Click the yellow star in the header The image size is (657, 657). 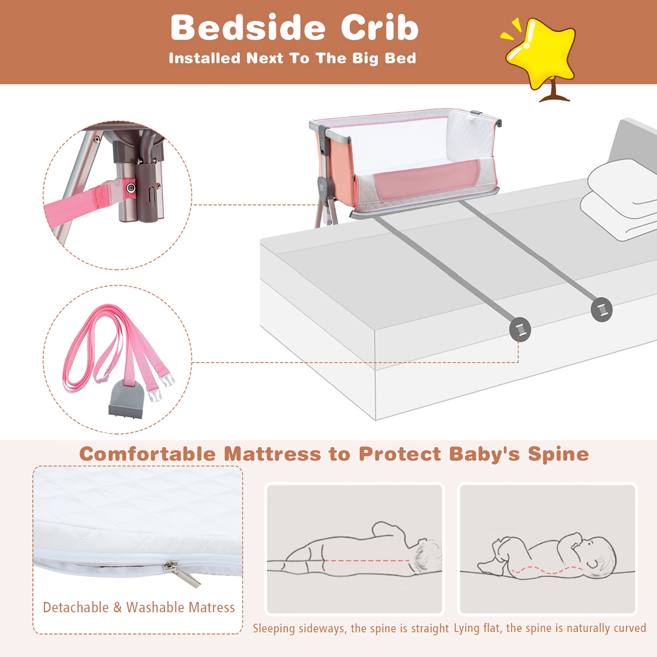541,55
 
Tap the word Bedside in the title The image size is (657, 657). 248,28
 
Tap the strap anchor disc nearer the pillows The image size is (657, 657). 601,310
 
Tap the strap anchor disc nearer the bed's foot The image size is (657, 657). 520,329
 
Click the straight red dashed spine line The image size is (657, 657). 367,561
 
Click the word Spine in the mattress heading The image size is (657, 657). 558,454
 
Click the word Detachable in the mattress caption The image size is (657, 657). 76,607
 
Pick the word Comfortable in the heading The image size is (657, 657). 147,454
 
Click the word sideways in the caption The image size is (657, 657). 322,629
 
